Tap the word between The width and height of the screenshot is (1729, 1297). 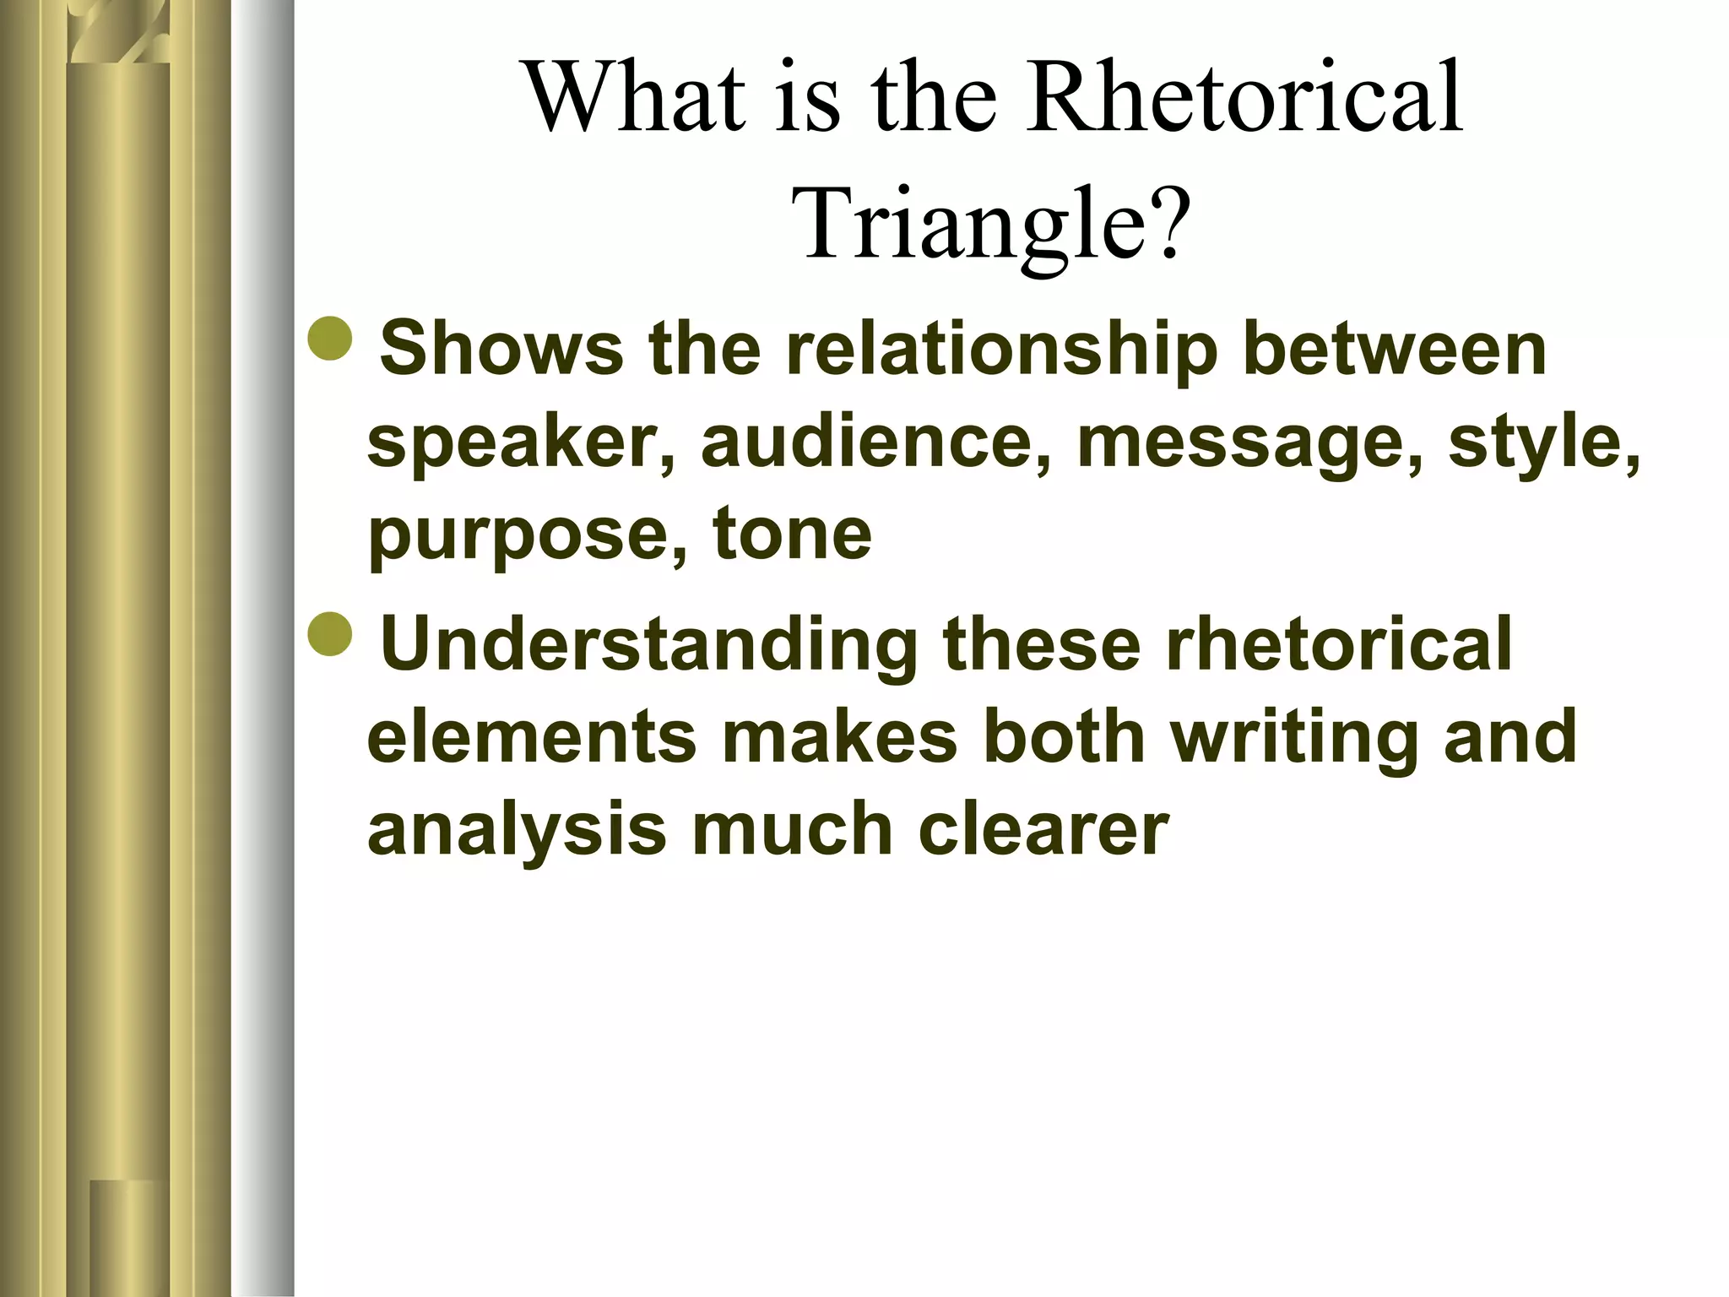click(x=1395, y=350)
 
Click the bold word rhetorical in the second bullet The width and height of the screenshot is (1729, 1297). click(x=1338, y=646)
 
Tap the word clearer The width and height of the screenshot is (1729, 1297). click(x=1043, y=829)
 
